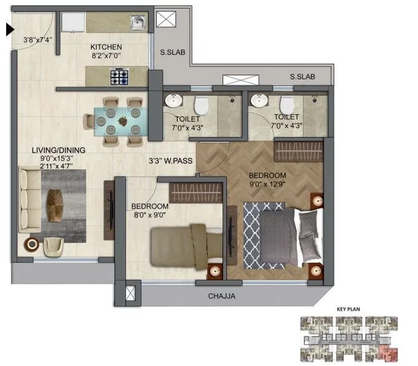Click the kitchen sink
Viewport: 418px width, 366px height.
[138, 24]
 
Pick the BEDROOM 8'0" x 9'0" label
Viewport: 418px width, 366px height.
[149, 210]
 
